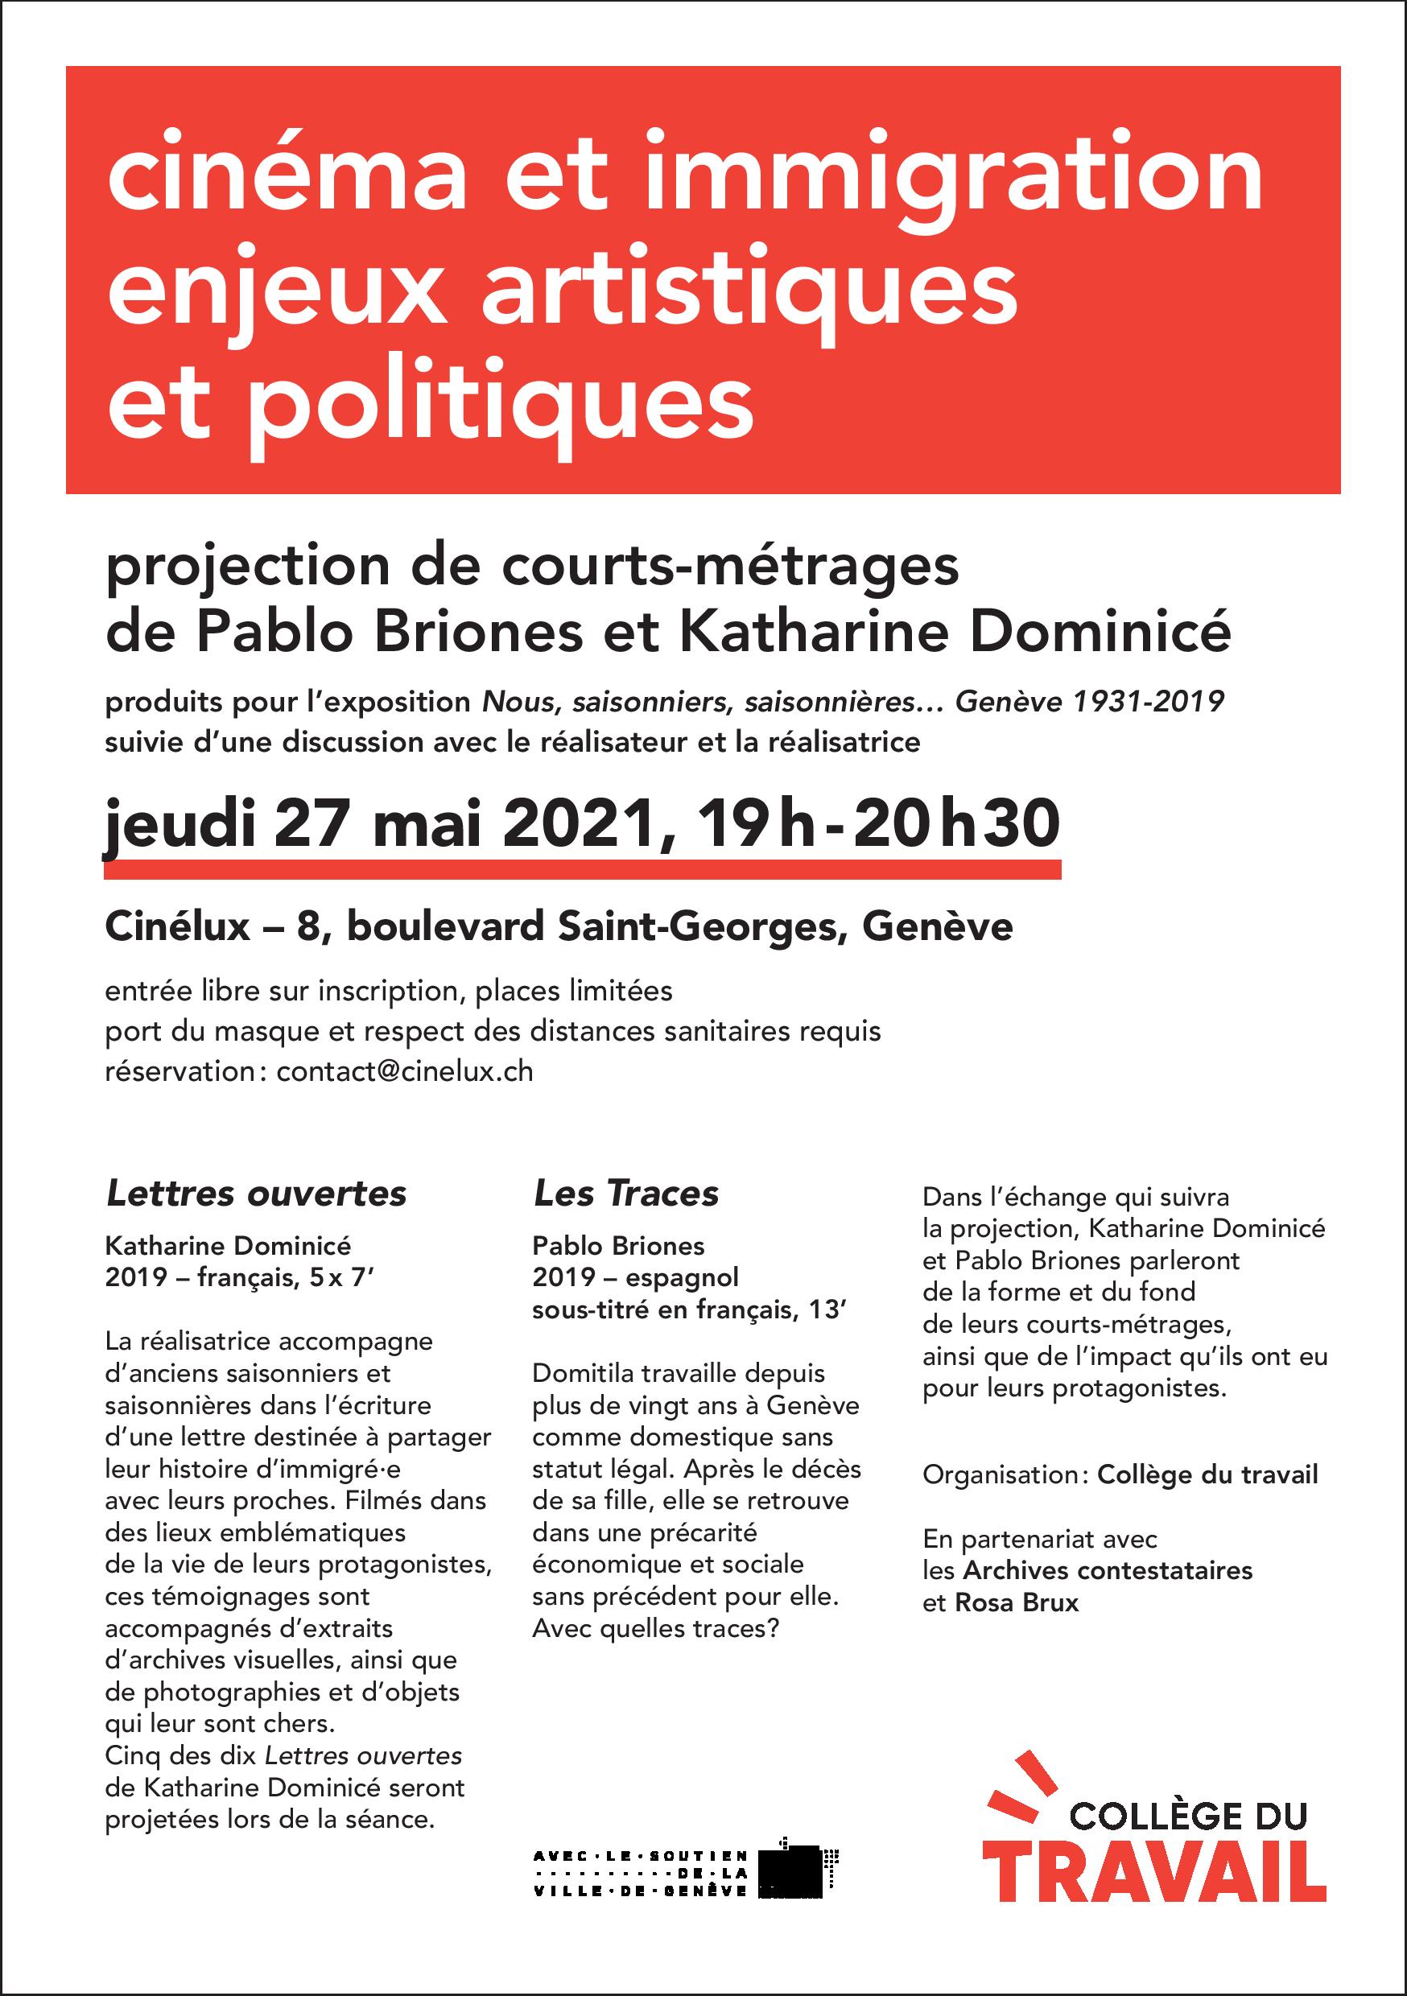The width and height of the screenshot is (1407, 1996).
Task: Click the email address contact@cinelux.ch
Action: (404, 1071)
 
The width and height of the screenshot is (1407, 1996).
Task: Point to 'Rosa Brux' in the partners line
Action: (1016, 1602)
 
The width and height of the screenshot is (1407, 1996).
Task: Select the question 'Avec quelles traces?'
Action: (654, 1627)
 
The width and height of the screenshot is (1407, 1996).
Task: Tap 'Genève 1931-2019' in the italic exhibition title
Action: (1089, 702)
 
